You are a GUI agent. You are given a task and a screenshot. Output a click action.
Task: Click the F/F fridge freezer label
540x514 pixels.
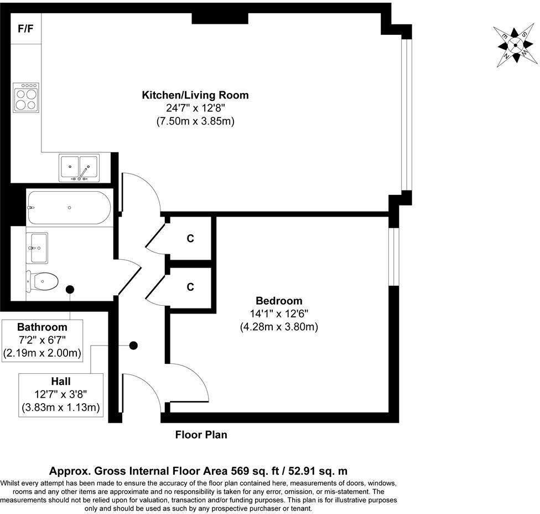25,29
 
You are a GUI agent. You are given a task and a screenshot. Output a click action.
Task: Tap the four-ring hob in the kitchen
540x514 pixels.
26,98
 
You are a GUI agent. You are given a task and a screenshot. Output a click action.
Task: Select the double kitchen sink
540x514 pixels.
80,168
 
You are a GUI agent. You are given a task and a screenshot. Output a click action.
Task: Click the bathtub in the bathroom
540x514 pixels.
69,207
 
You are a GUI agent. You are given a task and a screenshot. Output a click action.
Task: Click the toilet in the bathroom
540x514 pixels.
43,282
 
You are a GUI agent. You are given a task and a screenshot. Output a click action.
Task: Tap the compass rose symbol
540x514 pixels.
515,46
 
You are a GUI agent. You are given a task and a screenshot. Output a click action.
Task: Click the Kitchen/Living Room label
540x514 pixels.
195,95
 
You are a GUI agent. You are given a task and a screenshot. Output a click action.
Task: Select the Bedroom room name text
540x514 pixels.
279,301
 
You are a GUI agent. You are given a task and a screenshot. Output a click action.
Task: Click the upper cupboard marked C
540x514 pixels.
190,239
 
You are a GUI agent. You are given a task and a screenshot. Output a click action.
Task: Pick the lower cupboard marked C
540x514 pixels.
190,287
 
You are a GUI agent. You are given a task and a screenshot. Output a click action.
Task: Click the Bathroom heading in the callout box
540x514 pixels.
42,327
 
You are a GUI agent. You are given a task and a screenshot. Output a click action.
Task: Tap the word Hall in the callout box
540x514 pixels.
61,382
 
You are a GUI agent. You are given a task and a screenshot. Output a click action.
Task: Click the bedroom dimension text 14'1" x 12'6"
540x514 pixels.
279,313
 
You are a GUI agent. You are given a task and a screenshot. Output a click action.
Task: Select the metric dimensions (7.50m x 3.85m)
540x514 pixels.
195,121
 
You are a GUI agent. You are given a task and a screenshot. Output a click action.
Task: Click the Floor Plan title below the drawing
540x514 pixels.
201,435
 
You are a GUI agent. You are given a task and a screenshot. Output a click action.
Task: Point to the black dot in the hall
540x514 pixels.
133,346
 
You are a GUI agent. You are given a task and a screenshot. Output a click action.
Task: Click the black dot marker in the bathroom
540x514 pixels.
70,289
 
